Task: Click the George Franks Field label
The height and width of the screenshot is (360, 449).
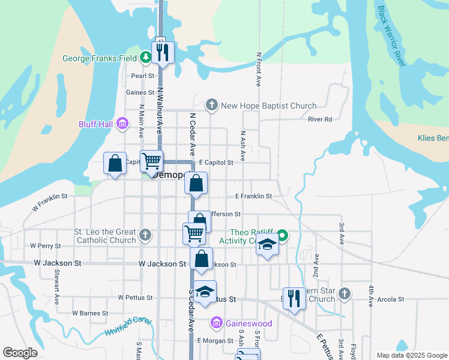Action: [100, 59]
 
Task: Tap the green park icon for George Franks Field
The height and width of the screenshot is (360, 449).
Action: [145, 58]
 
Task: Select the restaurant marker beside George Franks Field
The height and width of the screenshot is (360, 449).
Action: [162, 53]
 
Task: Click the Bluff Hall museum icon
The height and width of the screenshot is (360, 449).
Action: [122, 124]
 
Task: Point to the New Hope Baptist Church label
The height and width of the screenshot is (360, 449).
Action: [268, 106]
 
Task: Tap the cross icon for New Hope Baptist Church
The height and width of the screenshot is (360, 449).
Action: [211, 106]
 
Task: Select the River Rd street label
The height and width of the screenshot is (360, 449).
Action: [320, 119]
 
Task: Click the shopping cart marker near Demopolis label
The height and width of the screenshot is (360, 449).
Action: [151, 161]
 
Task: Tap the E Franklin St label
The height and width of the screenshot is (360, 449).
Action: [253, 196]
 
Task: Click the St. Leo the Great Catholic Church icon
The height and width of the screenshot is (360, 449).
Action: [145, 235]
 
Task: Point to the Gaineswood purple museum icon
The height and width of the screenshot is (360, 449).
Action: [217, 323]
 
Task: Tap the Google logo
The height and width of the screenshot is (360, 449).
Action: [20, 353]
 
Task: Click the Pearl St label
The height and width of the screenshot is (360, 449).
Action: [143, 76]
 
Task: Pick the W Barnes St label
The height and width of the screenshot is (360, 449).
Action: [90, 313]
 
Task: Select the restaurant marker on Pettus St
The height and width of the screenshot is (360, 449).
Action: [294, 298]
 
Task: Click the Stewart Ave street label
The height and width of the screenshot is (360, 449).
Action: [56, 291]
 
